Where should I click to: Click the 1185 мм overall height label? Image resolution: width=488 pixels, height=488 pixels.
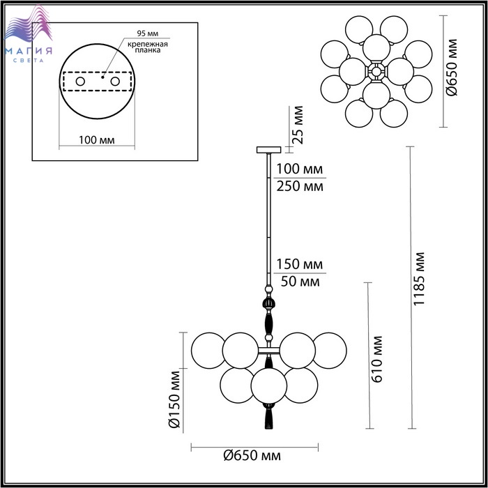[420, 279]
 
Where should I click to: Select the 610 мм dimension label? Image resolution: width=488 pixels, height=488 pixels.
[377, 359]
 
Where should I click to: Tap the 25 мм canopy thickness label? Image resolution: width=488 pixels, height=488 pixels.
[298, 125]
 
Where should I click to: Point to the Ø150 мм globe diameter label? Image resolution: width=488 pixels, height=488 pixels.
[174, 399]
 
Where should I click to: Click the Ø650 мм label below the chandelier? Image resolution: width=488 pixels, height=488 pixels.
[252, 456]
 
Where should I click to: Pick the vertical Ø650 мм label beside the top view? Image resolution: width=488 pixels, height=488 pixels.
[452, 67]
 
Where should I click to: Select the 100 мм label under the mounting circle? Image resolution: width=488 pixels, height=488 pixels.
[96, 140]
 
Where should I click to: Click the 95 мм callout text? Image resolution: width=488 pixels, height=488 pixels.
[148, 33]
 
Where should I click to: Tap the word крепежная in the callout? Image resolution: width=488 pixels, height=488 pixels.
[148, 44]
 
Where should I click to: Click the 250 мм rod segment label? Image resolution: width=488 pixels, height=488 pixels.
[300, 186]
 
